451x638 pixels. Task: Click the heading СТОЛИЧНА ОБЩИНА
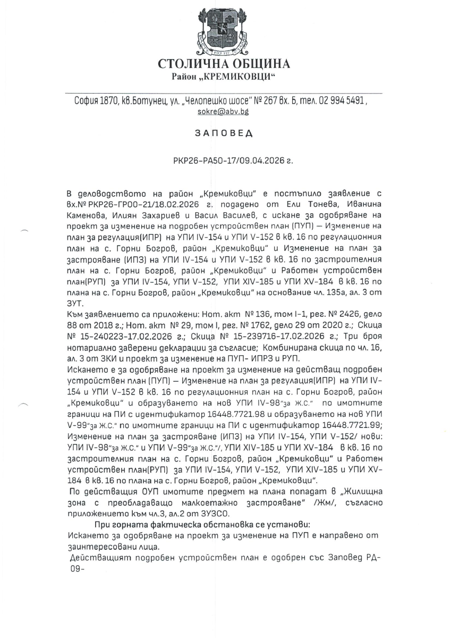pos(224,64)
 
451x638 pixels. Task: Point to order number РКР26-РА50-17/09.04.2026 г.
pos(226,159)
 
